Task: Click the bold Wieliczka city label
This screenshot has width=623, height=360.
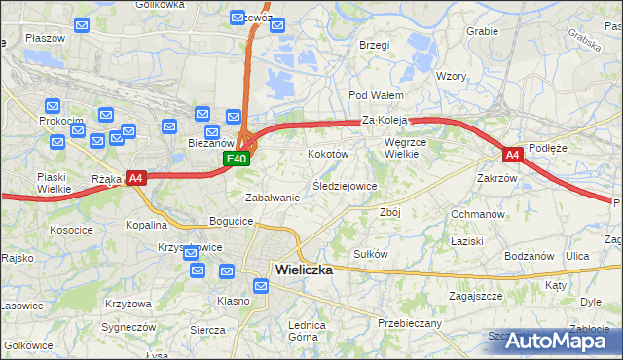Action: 304,270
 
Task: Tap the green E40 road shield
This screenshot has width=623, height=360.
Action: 237,159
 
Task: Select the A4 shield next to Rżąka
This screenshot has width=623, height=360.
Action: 135,178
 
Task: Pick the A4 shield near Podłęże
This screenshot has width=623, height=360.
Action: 512,155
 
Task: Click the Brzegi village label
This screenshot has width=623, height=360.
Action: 374,45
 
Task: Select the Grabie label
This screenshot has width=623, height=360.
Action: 482,31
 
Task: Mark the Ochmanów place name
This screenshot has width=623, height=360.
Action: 477,213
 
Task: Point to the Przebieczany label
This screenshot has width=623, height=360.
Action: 409,323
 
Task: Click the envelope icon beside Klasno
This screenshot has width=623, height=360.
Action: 261,286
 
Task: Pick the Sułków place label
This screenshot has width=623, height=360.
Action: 371,254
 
